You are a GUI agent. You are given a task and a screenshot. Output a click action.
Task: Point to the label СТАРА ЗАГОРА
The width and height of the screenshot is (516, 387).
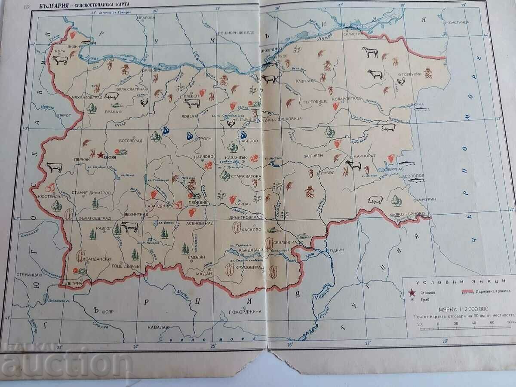pos(243,176)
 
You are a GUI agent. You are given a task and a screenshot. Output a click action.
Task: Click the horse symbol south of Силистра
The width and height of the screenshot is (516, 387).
pos(369,52)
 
